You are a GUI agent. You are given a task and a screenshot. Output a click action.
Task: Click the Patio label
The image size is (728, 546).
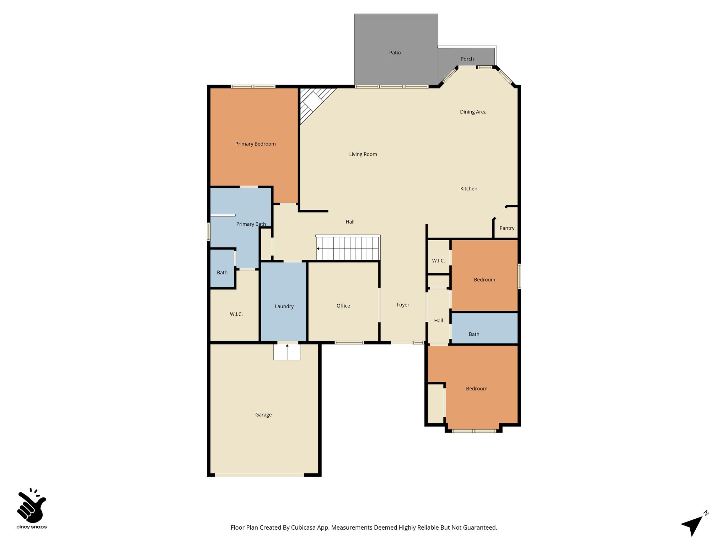point(395,53)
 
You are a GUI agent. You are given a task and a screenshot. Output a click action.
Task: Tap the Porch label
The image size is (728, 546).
point(467,59)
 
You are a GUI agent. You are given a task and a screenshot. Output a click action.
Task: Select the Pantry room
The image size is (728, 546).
point(507,228)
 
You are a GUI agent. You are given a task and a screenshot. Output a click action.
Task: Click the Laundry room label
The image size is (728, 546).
point(284,306)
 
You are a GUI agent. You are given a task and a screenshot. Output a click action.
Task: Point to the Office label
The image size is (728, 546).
point(343,306)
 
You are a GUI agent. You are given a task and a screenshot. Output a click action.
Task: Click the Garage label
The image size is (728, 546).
point(263,414)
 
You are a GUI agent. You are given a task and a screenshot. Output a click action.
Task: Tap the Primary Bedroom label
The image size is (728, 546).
point(255,144)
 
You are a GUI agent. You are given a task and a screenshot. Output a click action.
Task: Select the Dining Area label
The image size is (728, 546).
point(473,112)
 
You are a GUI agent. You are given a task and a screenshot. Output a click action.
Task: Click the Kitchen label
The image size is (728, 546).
point(469,189)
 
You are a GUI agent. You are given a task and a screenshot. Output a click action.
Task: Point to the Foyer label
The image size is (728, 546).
point(403,305)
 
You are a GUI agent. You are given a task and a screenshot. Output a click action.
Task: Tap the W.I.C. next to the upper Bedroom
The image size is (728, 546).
point(438,261)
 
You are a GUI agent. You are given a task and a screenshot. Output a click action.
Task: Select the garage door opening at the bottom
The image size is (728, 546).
point(259,475)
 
